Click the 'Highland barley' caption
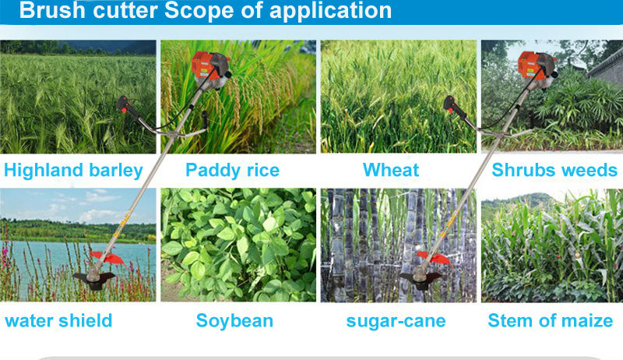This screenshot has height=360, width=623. tap(73, 171)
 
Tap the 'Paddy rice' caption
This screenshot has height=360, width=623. tap(232, 171)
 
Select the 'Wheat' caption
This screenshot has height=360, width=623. tap(391, 170)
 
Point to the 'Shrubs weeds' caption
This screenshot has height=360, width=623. tap(554, 170)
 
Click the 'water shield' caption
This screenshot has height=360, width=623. tap(58, 321)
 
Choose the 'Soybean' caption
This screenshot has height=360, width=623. tap(234, 321)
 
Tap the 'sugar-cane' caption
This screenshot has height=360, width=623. tap(396, 322)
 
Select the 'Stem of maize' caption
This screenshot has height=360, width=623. tap(551, 321)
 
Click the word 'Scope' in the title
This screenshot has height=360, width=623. tap(199, 10)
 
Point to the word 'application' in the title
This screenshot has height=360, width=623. tap(330, 11)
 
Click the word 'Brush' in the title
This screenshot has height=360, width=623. tap(52, 10)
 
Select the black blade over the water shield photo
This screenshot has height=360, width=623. tap(94, 279)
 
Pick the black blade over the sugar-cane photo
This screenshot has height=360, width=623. tap(421, 279)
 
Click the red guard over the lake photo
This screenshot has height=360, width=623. tap(108, 257)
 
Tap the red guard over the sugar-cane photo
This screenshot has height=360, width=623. tap(435, 257)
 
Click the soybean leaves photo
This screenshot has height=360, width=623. tap(238, 245)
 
